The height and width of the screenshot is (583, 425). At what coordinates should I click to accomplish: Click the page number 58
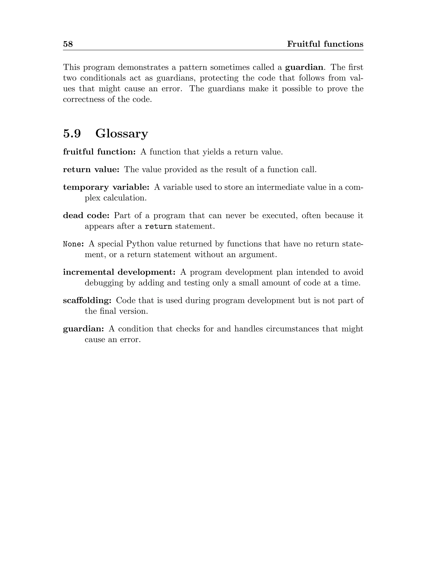68,44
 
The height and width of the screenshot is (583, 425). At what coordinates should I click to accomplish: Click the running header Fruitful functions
325,44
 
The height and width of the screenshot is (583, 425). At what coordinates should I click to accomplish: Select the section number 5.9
72,133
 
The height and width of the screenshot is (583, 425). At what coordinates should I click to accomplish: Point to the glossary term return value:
91,169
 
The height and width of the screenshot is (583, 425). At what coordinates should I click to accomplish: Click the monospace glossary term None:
73,244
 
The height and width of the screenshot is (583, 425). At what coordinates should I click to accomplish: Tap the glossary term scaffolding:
87,300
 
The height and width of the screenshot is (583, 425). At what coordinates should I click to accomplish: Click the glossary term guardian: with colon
84,329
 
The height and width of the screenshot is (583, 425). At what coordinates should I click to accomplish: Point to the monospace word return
159,227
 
